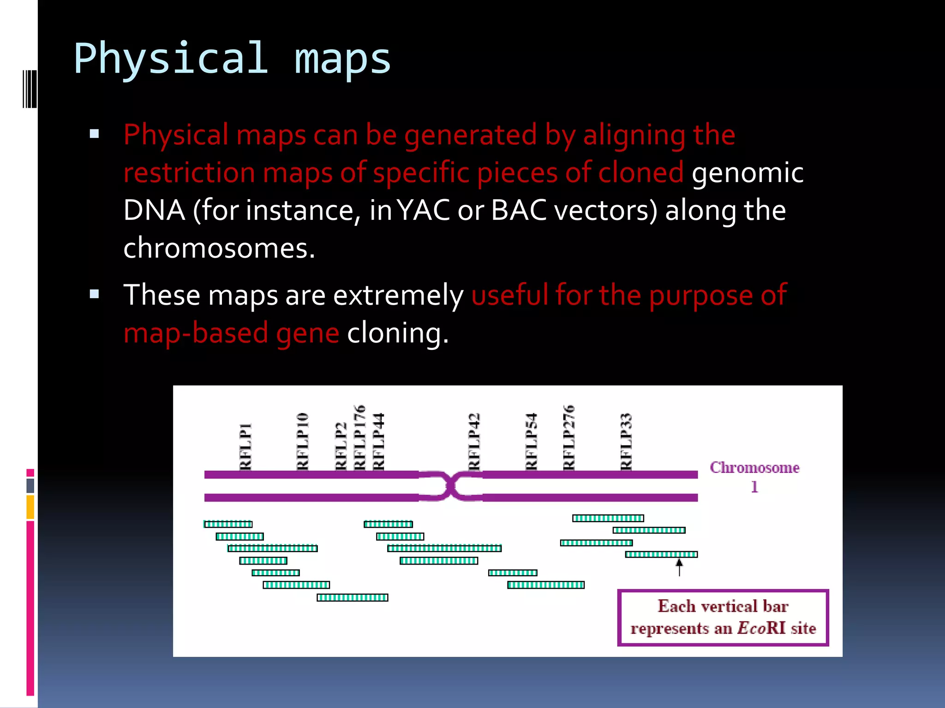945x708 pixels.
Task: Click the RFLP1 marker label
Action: click(245, 446)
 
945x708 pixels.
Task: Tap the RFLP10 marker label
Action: click(302, 441)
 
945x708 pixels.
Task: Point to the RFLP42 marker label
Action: click(474, 441)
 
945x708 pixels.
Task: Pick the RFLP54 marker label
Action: click(531, 441)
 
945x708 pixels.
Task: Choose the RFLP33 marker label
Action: click(626, 441)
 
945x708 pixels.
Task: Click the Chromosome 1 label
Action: click(754, 476)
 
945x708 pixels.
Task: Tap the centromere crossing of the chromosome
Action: click(451, 486)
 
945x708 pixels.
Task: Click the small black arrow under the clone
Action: click(679, 567)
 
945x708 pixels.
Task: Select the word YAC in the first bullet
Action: click(423, 211)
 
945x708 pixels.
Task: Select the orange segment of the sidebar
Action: click(30, 507)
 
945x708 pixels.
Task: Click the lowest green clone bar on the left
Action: click(353, 598)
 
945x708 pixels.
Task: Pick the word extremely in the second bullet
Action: click(398, 295)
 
